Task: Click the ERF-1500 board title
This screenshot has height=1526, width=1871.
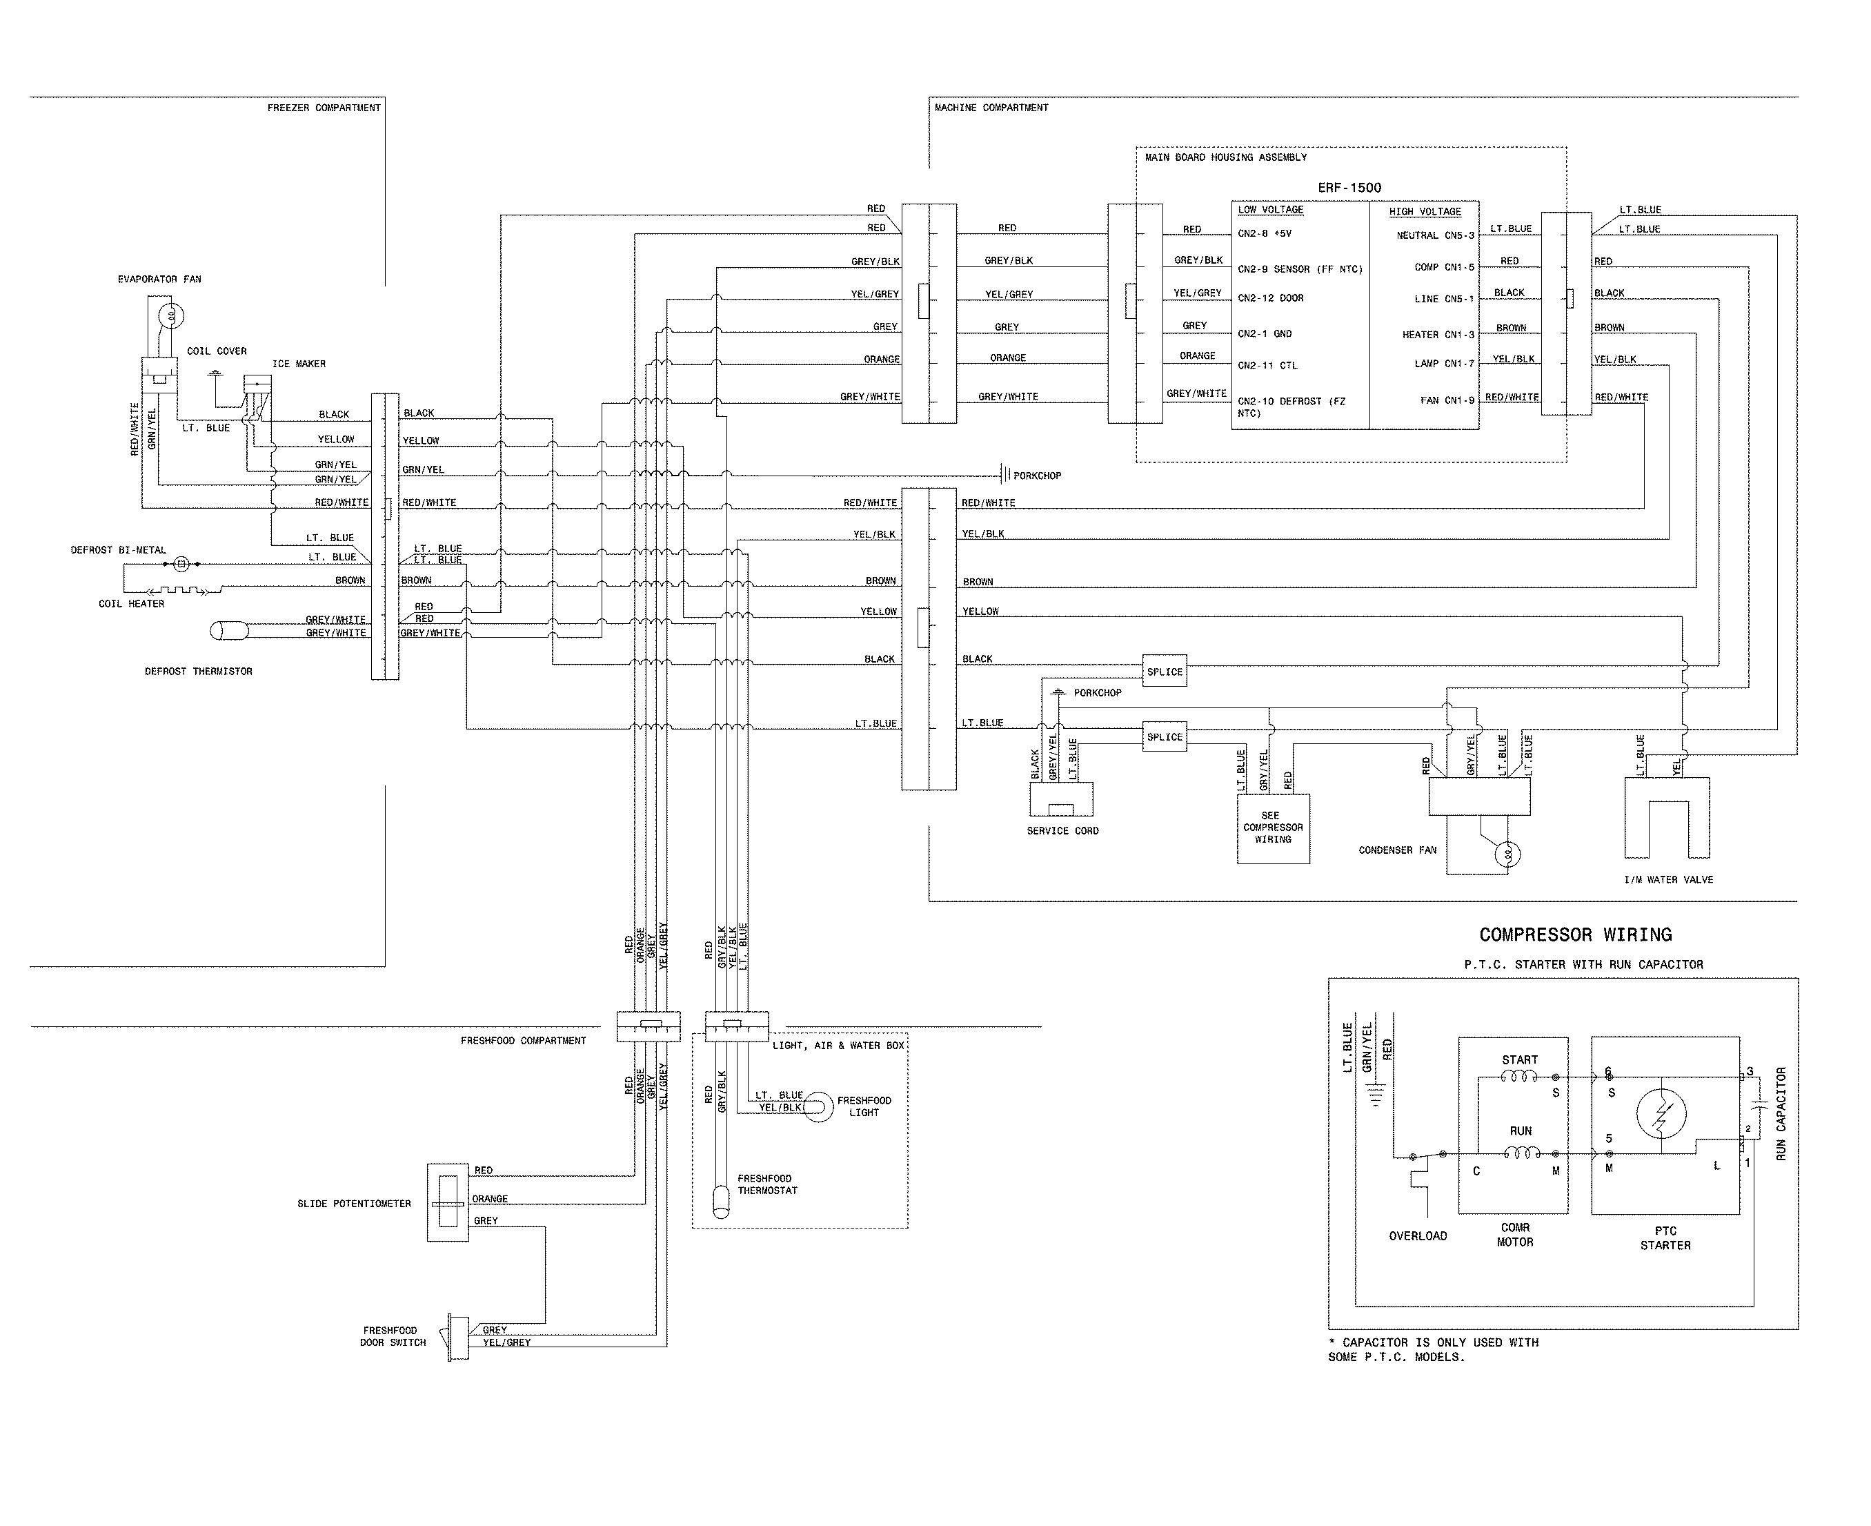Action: click(1349, 187)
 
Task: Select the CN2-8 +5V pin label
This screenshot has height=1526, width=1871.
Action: click(1265, 234)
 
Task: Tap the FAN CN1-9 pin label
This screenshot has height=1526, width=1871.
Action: click(1447, 400)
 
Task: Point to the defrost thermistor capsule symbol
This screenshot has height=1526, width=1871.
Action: click(230, 630)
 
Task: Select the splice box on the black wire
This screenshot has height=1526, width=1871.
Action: click(1165, 672)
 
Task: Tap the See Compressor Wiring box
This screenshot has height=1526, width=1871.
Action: click(1273, 828)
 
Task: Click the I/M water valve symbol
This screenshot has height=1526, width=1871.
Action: click(1667, 817)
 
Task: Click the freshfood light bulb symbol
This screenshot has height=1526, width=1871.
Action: click(818, 1106)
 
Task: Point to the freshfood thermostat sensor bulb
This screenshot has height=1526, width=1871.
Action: click(721, 1202)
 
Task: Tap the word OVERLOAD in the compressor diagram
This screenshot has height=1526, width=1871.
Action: click(1418, 1236)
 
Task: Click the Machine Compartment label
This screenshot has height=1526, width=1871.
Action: click(991, 107)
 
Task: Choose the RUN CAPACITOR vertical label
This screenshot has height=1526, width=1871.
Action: click(1781, 1114)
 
